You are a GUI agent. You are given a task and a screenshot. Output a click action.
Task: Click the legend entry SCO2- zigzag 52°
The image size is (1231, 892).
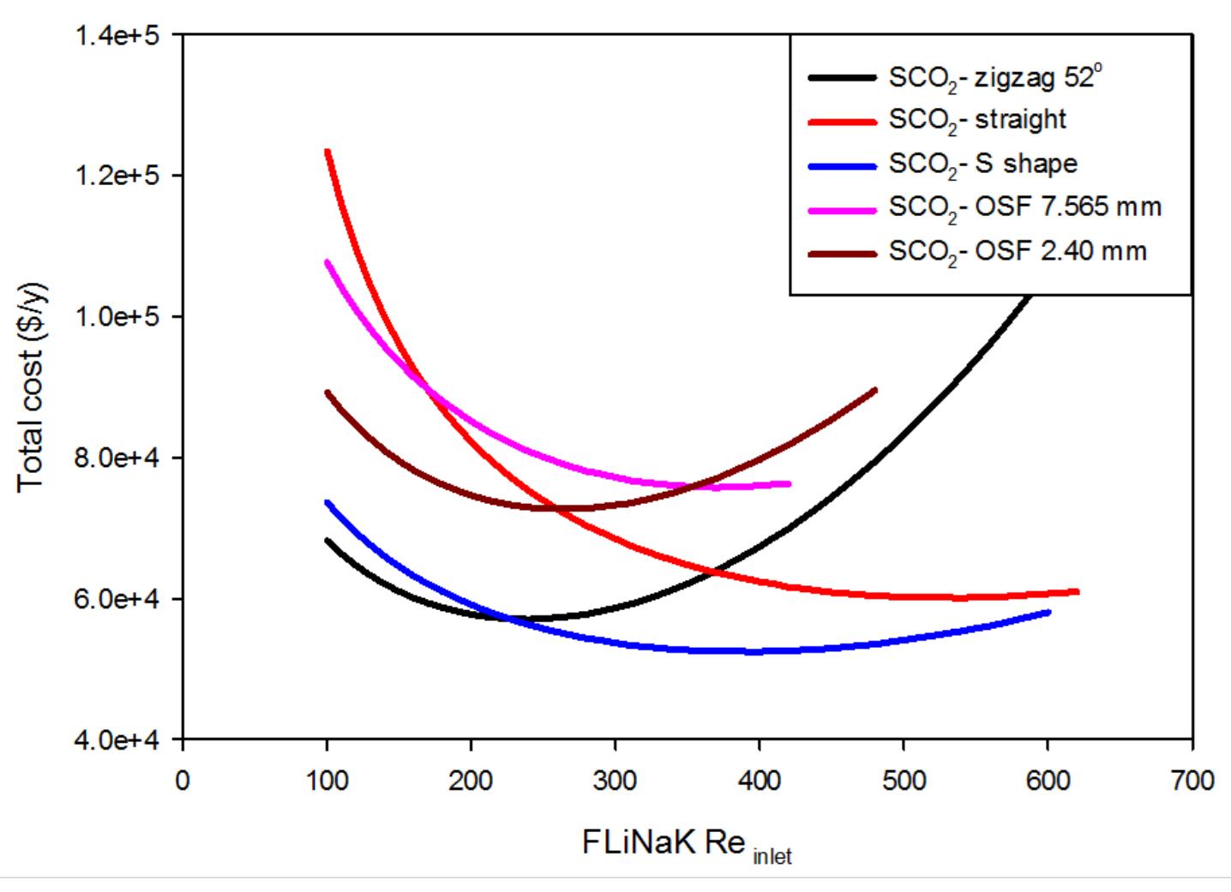point(994,78)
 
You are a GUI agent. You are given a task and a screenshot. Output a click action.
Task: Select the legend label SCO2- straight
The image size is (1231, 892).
point(977,120)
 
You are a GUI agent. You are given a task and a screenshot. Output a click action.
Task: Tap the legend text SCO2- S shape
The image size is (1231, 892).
point(982,165)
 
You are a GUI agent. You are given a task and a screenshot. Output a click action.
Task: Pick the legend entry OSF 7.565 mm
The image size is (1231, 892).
point(1024,208)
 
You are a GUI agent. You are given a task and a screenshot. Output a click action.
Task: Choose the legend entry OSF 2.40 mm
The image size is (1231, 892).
point(1017,252)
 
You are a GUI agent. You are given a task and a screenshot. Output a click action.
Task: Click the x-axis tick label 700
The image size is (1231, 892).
point(1192,781)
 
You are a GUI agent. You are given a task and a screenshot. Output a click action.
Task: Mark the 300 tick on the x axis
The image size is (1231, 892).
point(615,781)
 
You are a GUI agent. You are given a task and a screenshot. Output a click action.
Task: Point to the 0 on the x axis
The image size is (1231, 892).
point(183,781)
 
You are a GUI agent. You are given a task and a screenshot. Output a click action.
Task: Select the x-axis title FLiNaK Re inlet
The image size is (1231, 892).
point(686,844)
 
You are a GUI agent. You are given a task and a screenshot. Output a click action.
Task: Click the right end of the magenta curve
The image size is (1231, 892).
point(790,484)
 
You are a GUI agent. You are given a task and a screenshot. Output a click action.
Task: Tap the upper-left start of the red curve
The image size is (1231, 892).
point(327,152)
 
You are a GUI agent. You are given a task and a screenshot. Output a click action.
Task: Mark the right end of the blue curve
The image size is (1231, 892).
point(1048,612)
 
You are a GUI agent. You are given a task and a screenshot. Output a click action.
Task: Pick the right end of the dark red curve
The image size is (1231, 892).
point(875,390)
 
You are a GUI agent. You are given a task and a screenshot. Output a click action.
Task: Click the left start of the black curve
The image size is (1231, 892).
point(327,540)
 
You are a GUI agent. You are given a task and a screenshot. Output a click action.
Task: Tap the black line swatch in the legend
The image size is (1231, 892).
point(842,78)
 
